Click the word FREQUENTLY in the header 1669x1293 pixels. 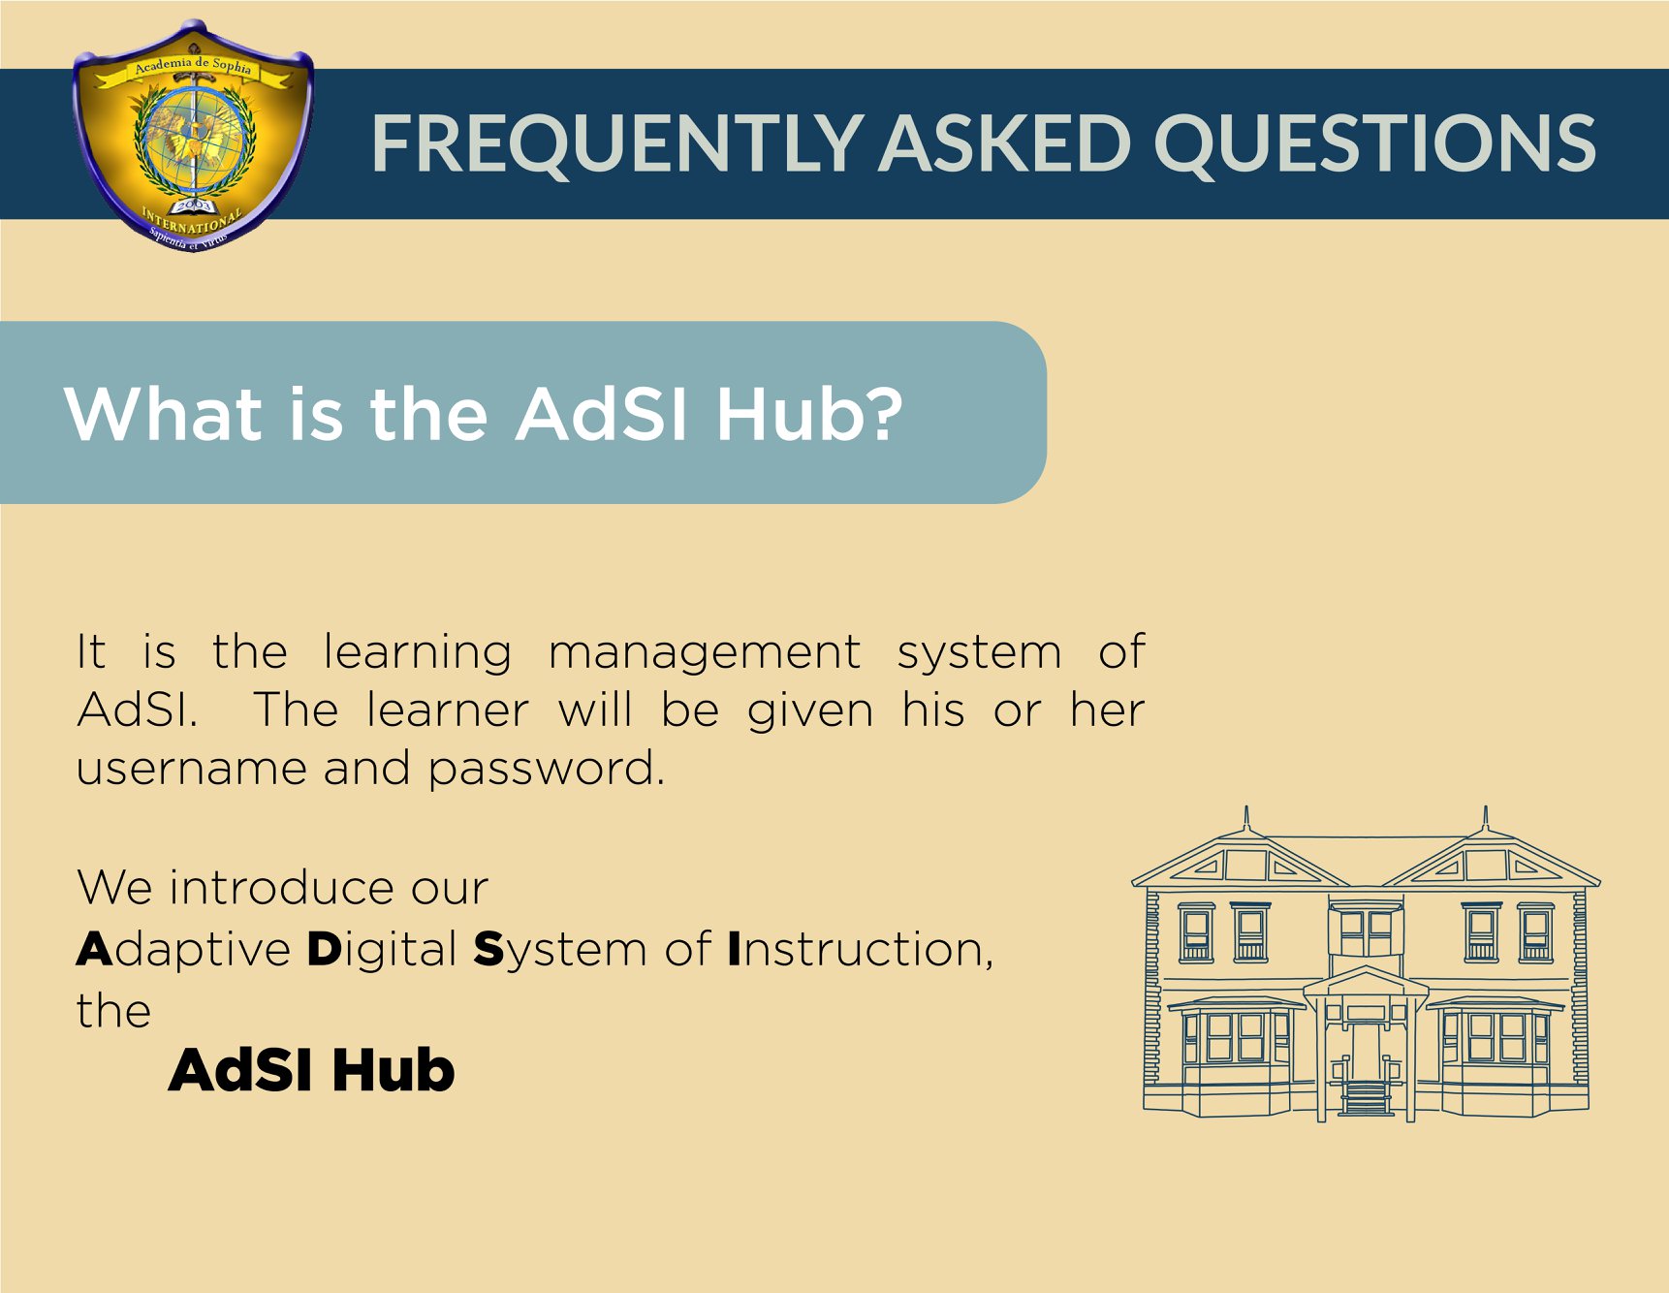click(x=616, y=143)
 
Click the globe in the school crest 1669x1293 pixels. click(x=195, y=142)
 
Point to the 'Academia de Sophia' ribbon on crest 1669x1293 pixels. click(x=193, y=68)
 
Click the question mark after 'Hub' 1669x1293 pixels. click(x=881, y=414)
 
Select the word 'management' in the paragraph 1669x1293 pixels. click(x=705, y=653)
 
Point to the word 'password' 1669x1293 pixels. click(x=547, y=770)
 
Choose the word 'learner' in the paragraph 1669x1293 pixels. click(x=448, y=710)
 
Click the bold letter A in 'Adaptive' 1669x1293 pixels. click(x=95, y=949)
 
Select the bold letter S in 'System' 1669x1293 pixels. click(x=489, y=949)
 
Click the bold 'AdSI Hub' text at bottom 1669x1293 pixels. click(x=311, y=1070)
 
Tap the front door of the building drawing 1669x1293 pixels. click(x=1366, y=1053)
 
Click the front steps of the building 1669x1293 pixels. click(x=1366, y=1099)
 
